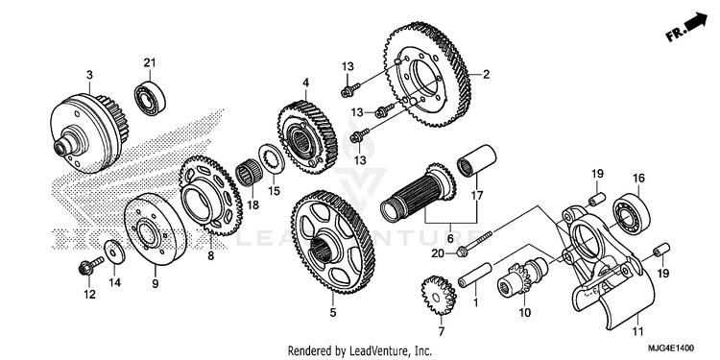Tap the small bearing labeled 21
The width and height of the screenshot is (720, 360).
tap(150, 98)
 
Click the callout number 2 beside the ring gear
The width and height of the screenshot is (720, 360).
tap(487, 74)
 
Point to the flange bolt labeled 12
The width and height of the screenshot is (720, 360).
tap(90, 266)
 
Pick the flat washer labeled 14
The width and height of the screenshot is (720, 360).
tap(114, 252)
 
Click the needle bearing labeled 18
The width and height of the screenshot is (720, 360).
tap(250, 174)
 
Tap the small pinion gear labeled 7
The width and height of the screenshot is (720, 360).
tap(438, 295)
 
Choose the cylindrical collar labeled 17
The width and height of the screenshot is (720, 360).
tap(476, 160)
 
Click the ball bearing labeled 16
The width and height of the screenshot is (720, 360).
tap(633, 213)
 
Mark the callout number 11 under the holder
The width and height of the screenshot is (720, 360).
tap(637, 331)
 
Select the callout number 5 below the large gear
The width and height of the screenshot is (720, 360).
tap(332, 313)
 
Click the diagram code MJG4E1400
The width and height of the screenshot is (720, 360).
tap(672, 348)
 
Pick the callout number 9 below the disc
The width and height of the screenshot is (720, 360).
tap(156, 284)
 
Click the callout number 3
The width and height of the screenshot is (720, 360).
tap(89, 74)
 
